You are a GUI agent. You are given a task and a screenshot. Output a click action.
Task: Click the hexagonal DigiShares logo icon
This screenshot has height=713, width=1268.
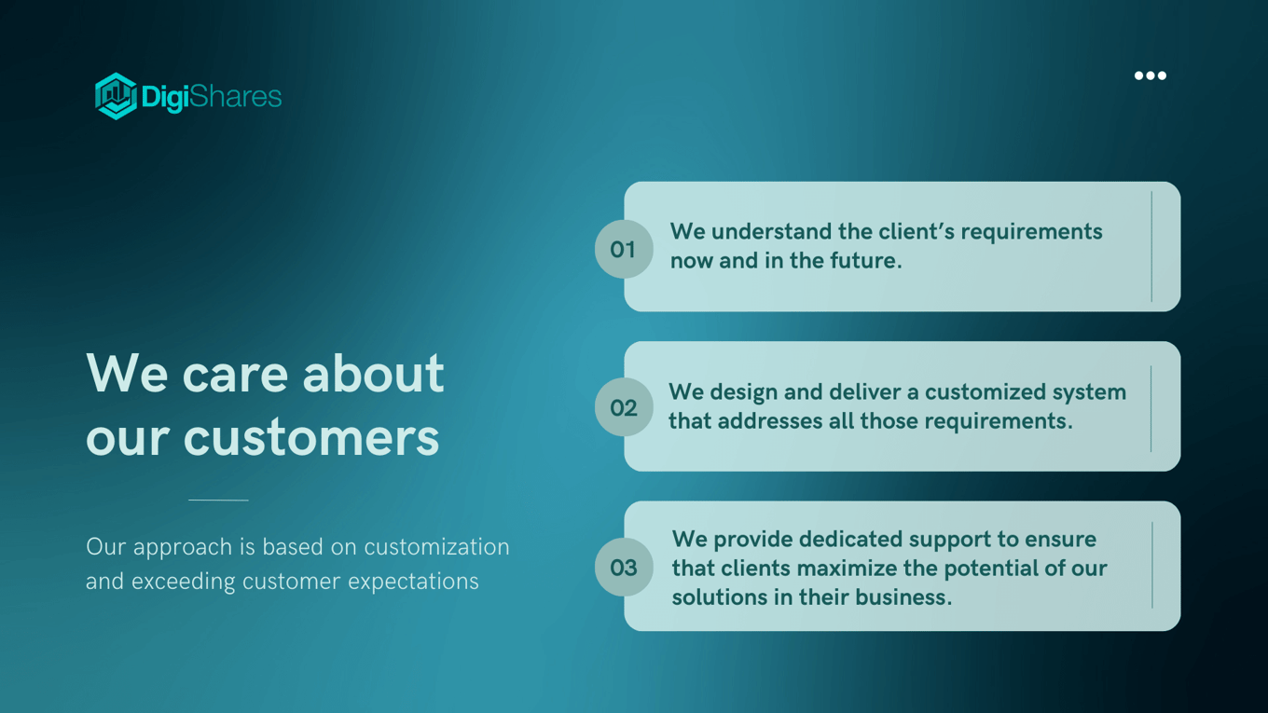tap(116, 96)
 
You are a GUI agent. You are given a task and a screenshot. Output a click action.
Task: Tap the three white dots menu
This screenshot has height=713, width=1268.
tap(1151, 75)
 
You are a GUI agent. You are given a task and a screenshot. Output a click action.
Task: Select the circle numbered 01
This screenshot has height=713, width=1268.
tap(624, 249)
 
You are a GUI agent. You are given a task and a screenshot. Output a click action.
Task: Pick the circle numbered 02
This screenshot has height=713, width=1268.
tap(624, 407)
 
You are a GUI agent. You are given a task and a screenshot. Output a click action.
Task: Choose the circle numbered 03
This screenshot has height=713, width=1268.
tap(624, 567)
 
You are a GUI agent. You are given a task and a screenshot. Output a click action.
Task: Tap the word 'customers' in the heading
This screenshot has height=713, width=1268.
tap(310, 437)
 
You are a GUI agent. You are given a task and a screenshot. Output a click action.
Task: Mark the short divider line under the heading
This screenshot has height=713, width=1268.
tap(218, 500)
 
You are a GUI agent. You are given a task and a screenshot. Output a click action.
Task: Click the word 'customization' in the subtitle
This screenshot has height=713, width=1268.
tap(436, 547)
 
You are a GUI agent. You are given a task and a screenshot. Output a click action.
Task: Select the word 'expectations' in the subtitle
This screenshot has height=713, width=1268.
tap(413, 582)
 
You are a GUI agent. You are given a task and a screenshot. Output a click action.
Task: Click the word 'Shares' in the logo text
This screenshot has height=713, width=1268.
tap(235, 97)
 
